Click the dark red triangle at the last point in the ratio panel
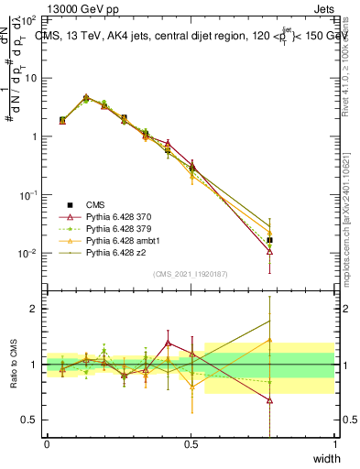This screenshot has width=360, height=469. click(x=269, y=400)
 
